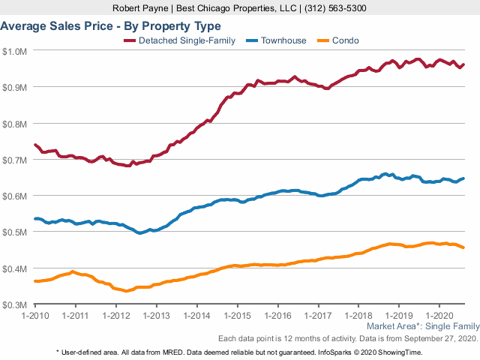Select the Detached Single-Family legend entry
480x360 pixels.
coord(180,40)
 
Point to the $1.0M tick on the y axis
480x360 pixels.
coord(15,51)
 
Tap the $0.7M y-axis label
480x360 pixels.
coord(15,160)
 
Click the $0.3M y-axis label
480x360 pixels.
coord(15,304)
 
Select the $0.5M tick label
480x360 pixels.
coord(15,232)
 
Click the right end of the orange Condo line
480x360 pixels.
coord(463,247)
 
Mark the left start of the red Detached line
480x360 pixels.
coord(35,145)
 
